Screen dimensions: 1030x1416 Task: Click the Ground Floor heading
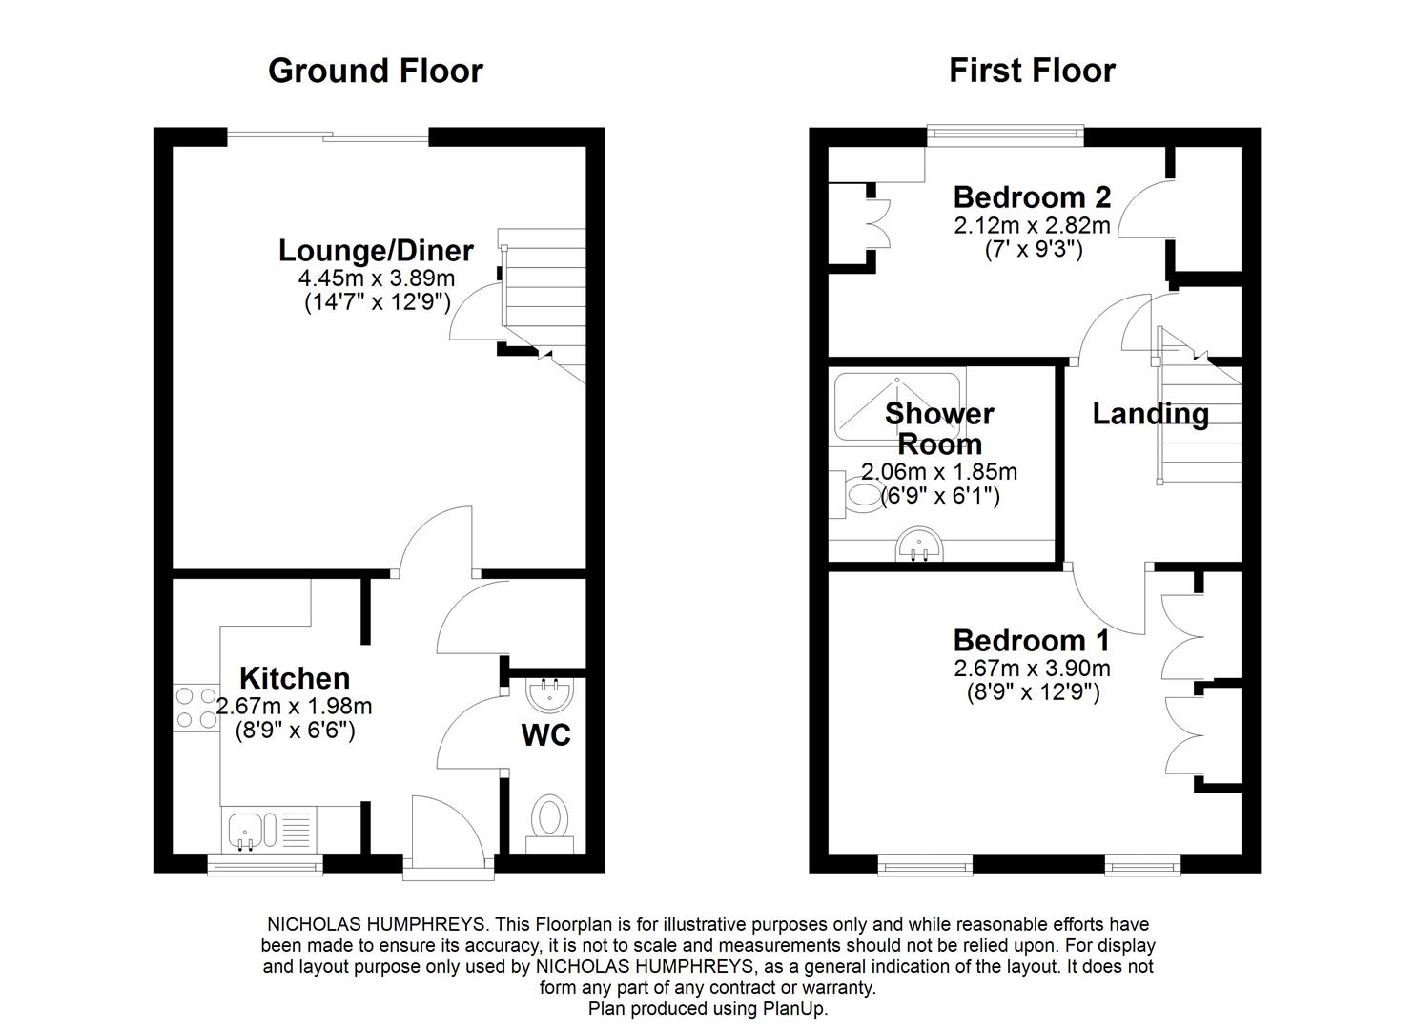coord(375,71)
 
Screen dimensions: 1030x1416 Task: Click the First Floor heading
coord(1032,71)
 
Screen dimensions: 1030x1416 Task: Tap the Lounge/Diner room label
coord(376,251)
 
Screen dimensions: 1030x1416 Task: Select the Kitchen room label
coord(295,678)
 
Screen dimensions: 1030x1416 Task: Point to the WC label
coord(546,735)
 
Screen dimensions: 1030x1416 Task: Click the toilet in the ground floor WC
coord(549,820)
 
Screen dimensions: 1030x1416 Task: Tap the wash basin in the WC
coord(549,693)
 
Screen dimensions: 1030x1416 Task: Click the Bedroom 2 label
coord(1032,197)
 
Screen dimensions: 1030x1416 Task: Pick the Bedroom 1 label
coord(1032,640)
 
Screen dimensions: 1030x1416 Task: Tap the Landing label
coord(1150,414)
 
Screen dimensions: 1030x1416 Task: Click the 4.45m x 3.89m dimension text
coord(376,278)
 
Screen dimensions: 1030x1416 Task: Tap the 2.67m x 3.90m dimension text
coord(1032,668)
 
